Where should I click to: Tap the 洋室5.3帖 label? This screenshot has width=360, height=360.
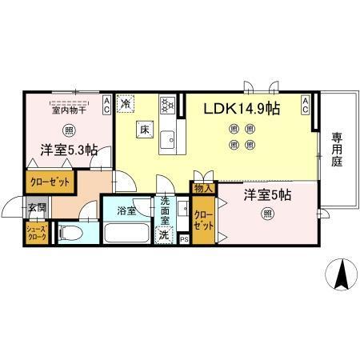coord(70,150)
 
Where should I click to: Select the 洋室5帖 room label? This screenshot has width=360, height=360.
coord(267,194)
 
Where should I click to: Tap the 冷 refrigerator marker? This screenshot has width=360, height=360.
coord(126,103)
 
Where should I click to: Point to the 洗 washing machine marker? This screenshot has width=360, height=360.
coord(164,235)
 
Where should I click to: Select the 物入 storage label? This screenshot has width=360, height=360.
coord(202,189)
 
